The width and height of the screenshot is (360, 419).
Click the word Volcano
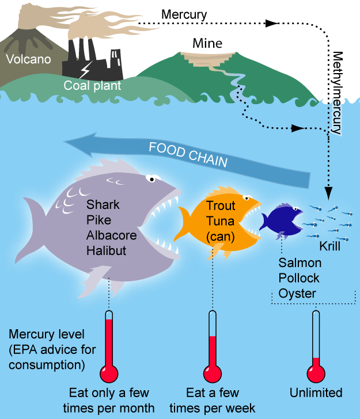(28, 59)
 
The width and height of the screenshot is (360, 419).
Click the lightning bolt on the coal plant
(85, 71)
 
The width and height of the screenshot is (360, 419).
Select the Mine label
(207, 44)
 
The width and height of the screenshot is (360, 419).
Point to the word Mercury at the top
(184, 13)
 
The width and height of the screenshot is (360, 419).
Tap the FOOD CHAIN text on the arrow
(188, 155)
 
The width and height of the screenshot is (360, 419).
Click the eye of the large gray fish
(151, 179)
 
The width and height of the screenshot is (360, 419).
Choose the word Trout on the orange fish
(219, 205)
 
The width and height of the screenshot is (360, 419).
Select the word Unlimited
(315, 393)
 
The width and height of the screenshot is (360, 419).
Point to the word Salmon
(300, 263)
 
